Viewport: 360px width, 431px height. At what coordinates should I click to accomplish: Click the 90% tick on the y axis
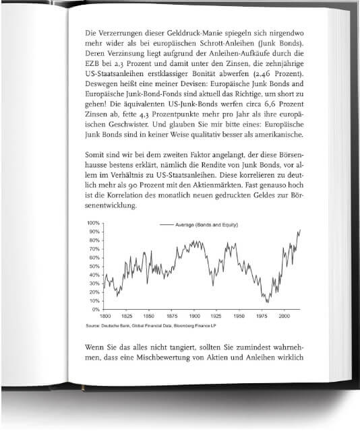tap(93, 232)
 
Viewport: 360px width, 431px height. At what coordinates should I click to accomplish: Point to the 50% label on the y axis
tap(93, 266)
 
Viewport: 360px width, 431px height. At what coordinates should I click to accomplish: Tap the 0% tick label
tap(95, 310)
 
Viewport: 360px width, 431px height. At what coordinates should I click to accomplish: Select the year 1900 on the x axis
tap(194, 316)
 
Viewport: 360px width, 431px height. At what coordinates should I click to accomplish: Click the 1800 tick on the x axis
tap(105, 316)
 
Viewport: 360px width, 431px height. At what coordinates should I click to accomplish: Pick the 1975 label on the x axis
tap(262, 316)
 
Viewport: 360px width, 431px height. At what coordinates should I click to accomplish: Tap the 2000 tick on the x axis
tap(284, 316)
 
